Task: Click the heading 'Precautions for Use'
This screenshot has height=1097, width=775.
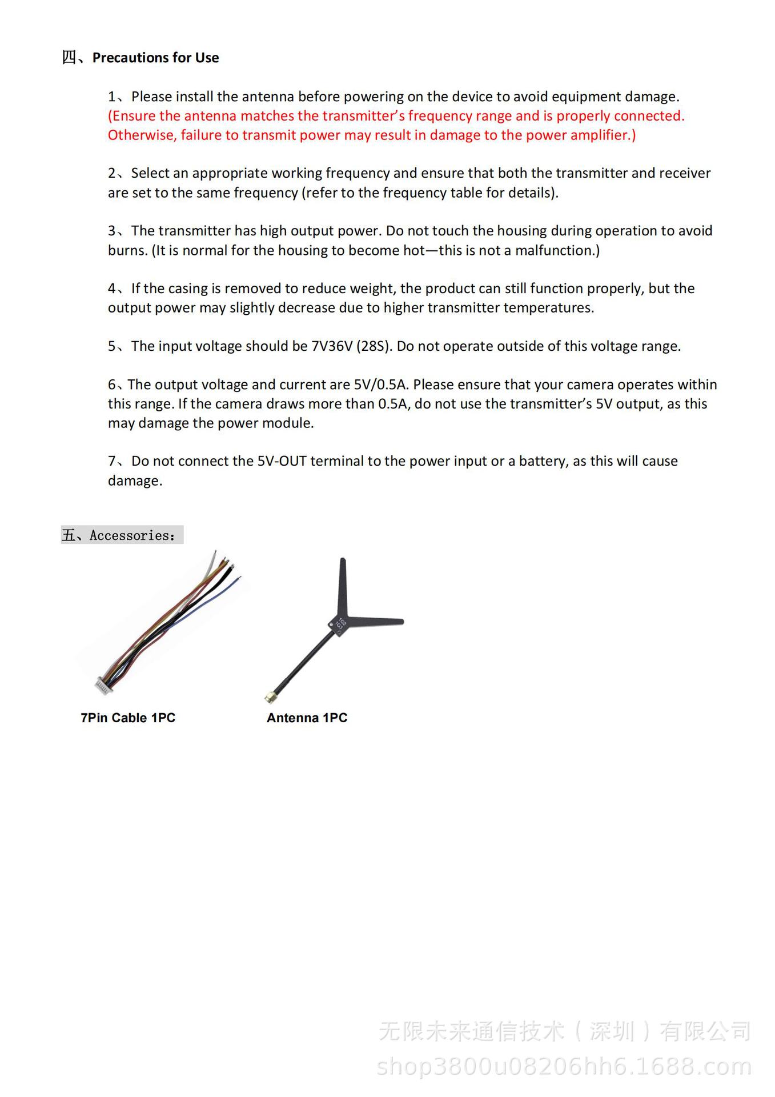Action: click(x=155, y=58)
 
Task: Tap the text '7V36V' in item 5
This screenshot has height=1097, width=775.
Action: click(x=332, y=346)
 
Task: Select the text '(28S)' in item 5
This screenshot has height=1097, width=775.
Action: click(x=374, y=346)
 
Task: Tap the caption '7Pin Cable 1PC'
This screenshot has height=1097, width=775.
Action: click(x=128, y=718)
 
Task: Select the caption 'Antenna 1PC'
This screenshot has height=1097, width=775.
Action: click(x=307, y=718)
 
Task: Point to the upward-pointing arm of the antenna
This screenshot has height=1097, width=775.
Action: click(x=342, y=585)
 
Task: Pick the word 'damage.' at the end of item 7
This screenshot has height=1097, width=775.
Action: click(x=135, y=481)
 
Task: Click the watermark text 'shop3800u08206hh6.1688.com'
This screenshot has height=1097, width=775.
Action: click(x=564, y=1066)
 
